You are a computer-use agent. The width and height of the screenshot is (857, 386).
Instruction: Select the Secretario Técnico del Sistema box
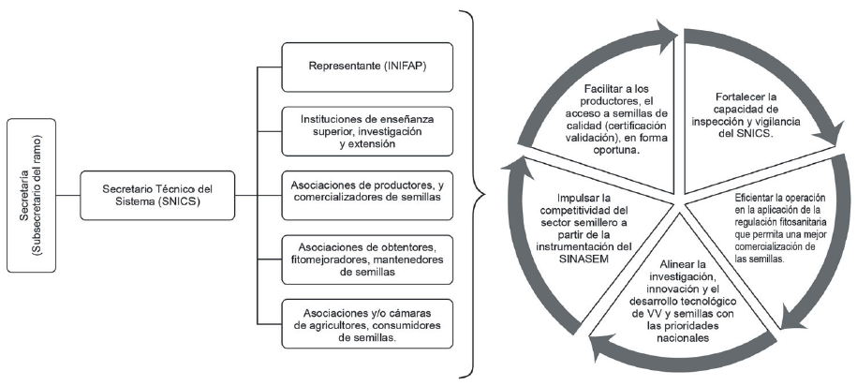(x=158, y=194)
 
